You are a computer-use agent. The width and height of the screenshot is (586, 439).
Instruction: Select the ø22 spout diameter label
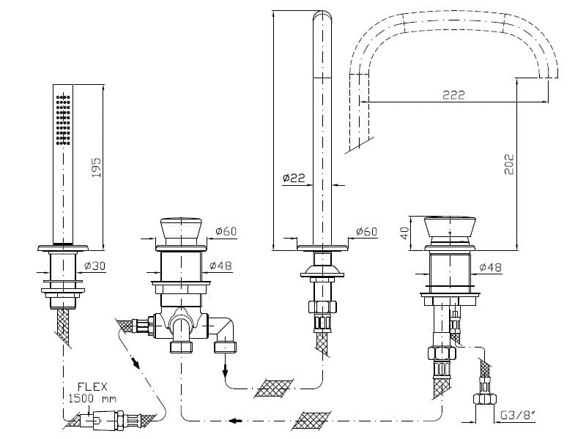click(293, 177)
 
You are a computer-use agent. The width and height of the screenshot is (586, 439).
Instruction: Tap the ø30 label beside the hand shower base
click(96, 266)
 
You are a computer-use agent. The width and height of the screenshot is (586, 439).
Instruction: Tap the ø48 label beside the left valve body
click(220, 266)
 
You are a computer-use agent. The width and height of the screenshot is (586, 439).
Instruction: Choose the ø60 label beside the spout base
click(366, 232)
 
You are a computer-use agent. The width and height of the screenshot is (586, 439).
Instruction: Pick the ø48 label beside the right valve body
click(491, 268)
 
